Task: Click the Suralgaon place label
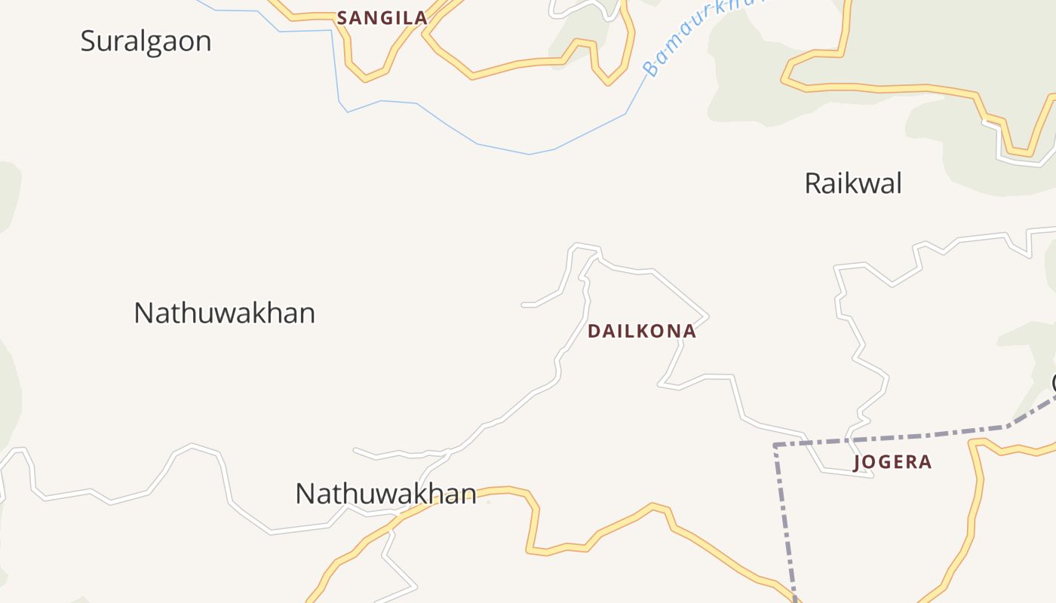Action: (146, 41)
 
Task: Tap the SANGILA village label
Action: (382, 18)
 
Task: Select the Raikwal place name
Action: (853, 183)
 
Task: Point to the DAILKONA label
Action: (641, 331)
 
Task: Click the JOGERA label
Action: (892, 462)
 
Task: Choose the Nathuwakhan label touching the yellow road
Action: (385, 494)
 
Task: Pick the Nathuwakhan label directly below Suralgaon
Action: (224, 313)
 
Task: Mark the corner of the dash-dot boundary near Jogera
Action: (775, 445)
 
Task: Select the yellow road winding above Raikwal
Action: (890, 88)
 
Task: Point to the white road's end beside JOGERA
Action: (872, 476)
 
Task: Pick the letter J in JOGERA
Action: (858, 462)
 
